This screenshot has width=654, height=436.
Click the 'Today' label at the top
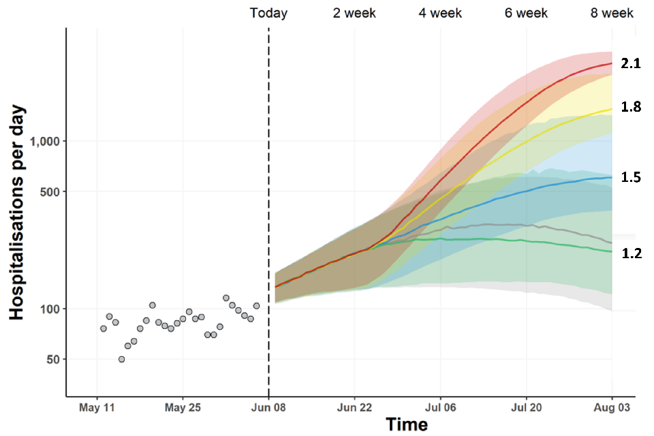[268, 13]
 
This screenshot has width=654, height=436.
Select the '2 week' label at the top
[354, 13]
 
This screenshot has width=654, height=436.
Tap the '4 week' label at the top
[440, 13]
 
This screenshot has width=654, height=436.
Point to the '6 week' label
[527, 13]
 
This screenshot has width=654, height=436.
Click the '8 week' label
[612, 13]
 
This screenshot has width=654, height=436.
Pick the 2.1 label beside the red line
[631, 63]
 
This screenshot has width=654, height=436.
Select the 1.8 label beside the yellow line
[631, 107]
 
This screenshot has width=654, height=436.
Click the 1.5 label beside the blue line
[631, 177]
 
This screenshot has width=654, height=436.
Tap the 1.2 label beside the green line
[631, 253]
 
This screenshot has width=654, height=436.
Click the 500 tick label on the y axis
[50, 191]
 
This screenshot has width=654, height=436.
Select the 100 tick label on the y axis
[50, 309]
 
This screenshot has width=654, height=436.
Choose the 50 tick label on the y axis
[52, 359]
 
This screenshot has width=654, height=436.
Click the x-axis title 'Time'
[407, 424]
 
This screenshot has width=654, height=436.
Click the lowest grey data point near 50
[121, 359]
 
